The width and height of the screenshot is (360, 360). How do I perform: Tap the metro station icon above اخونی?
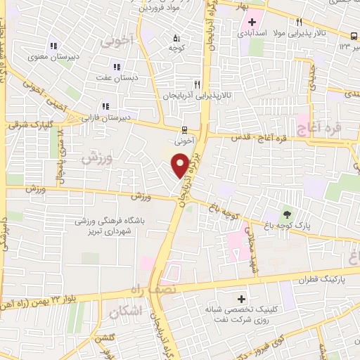coord(184,129)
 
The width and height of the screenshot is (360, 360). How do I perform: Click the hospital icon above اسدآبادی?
coord(251,22)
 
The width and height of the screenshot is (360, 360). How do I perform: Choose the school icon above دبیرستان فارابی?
coord(105,106)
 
